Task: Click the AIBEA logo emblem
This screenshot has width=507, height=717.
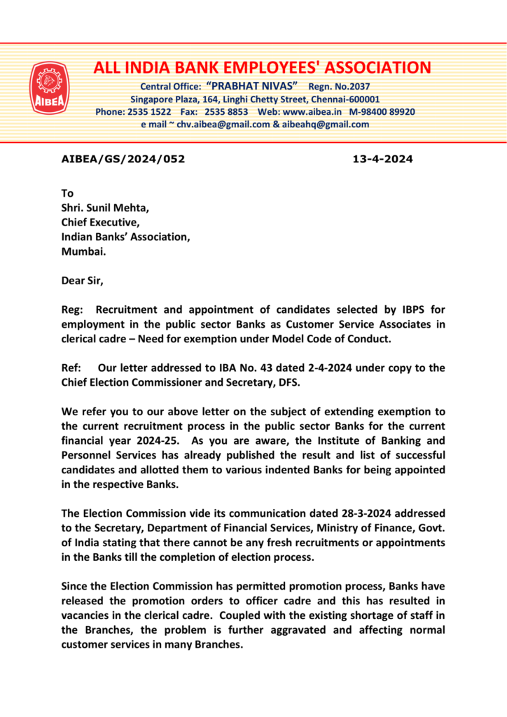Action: coord(49,89)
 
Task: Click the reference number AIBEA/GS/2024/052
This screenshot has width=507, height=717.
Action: coord(123,159)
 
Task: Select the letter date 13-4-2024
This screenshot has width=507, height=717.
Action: coord(382,159)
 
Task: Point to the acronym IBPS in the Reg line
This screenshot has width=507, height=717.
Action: coord(396,309)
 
